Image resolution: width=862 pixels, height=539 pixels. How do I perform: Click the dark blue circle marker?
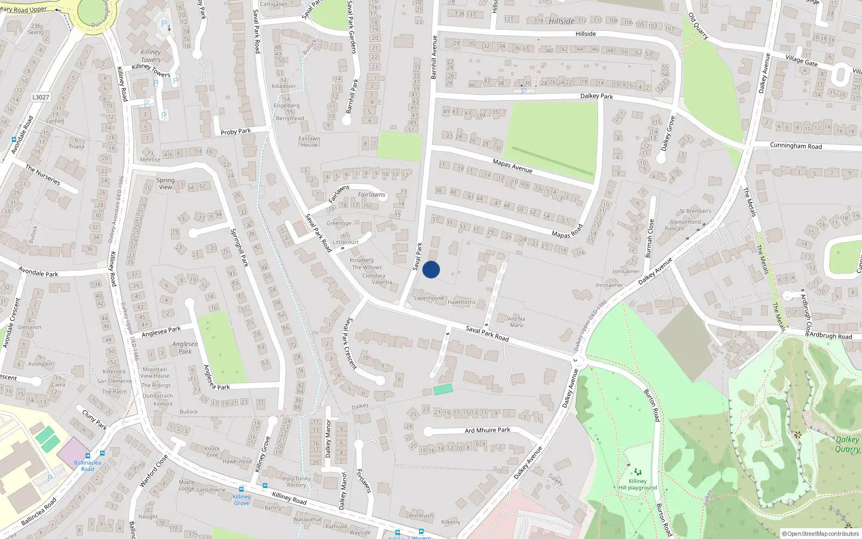(x=431, y=269)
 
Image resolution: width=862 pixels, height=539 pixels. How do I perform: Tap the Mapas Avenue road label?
(x=512, y=166)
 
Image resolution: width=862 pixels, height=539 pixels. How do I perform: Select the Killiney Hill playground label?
(x=637, y=485)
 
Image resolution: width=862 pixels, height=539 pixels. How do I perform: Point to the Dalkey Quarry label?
(x=847, y=444)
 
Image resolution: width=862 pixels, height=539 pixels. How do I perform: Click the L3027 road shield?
(x=40, y=97)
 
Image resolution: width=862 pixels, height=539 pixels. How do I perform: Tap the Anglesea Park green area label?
(x=185, y=348)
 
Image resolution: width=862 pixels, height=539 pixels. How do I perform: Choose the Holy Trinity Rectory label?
(x=296, y=481)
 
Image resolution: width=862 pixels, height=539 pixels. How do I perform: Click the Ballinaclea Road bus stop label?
(x=87, y=466)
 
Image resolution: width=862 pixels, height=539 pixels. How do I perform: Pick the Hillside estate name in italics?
(x=562, y=21)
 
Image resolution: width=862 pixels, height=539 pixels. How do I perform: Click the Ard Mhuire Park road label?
(x=487, y=430)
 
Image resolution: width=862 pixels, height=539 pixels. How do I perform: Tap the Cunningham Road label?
(x=796, y=146)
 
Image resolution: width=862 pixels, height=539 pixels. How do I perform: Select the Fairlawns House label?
(x=309, y=141)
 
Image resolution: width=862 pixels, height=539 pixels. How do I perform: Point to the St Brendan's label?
(x=695, y=211)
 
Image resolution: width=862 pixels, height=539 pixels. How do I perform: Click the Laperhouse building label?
(x=429, y=298)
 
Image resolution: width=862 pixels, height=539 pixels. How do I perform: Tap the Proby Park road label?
(x=235, y=132)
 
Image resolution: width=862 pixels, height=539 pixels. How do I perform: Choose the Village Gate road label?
(x=801, y=60)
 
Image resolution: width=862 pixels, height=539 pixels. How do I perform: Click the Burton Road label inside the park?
(x=651, y=405)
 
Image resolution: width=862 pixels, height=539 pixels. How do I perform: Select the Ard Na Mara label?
(x=516, y=322)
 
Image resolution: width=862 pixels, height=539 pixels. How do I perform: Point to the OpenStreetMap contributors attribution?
(x=821, y=534)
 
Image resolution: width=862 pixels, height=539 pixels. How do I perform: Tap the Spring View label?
(x=165, y=184)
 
